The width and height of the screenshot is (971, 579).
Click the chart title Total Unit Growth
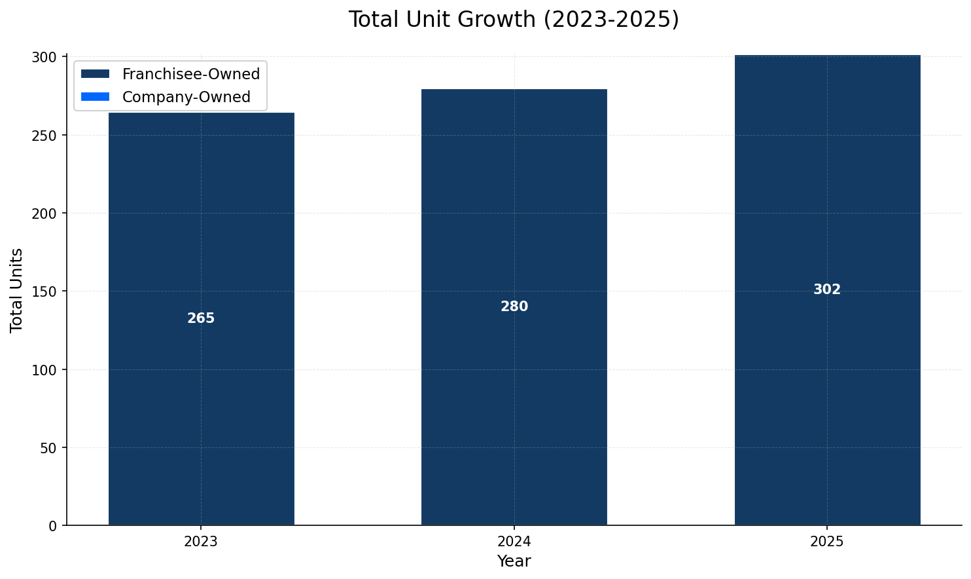point(514,20)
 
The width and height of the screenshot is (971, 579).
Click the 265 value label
point(201,318)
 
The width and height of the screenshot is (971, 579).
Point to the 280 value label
point(514,307)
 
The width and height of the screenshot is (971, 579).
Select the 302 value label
point(827,289)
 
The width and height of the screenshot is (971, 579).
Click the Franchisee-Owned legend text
point(191,74)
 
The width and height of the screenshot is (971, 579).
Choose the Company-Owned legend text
point(186,97)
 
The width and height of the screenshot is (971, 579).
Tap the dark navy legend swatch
point(95,74)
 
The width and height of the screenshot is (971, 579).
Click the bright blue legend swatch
point(95,97)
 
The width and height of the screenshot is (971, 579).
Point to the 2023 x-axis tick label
point(201,542)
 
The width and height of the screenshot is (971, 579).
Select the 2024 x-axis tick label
point(514,542)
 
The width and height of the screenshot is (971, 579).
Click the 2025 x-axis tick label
point(827,542)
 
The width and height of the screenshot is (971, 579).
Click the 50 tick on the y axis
point(50,448)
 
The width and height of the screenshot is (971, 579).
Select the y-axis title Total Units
point(17,290)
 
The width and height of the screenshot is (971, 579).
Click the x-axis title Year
point(514,561)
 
